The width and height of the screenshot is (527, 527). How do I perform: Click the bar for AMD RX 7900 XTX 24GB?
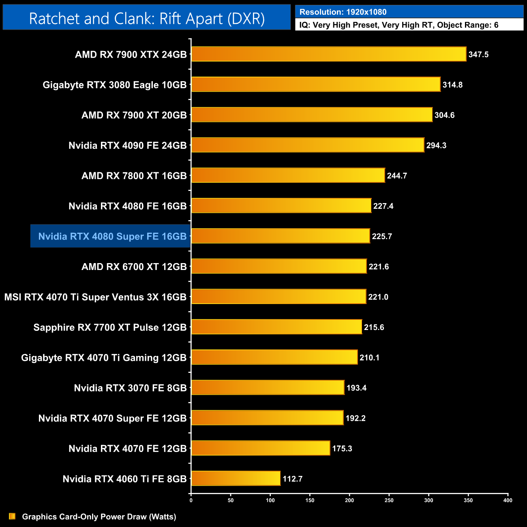tap(328, 54)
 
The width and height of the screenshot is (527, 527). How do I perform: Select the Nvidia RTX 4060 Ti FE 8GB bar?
tap(236, 478)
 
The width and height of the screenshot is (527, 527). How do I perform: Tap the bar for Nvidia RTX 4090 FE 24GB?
tap(307, 145)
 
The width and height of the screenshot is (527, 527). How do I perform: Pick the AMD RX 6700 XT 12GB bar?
tap(278, 266)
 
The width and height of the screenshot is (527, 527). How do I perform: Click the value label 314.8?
tap(452, 85)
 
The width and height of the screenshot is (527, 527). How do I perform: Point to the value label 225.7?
tap(382, 236)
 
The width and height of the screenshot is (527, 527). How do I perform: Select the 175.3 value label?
tap(342, 448)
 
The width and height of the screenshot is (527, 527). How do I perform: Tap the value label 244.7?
tap(397, 176)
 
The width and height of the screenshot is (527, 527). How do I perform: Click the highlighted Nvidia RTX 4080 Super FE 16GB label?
tap(112, 236)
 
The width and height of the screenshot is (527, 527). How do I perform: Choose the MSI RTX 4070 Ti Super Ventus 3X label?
tap(95, 297)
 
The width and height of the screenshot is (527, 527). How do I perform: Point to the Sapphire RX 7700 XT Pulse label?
tap(110, 327)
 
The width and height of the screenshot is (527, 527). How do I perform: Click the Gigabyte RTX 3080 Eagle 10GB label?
tap(115, 85)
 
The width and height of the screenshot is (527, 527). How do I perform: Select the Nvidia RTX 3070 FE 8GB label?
tap(130, 388)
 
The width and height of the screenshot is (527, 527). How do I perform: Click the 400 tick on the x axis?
tap(508, 500)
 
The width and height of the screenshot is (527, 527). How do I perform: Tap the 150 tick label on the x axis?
tap(310, 500)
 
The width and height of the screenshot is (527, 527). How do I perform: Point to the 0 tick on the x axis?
tap(191, 500)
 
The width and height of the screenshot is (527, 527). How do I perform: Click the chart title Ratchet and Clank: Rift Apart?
tap(147, 19)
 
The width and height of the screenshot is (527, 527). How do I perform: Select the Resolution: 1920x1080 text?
tap(343, 12)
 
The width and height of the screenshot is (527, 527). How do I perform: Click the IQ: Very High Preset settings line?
tap(399, 25)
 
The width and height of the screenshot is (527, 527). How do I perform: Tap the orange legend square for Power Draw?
tap(12, 516)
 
